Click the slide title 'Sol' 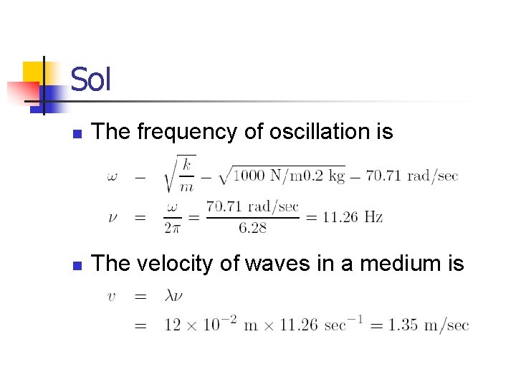pyautogui.click(x=91, y=79)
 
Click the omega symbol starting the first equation pyautogui.click(x=113, y=176)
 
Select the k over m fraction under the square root pyautogui.click(x=186, y=175)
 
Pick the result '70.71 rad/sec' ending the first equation pyautogui.click(x=411, y=176)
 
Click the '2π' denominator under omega pyautogui.click(x=173, y=228)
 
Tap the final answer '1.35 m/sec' pyautogui.click(x=429, y=325)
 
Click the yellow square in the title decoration pyautogui.click(x=34, y=72)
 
